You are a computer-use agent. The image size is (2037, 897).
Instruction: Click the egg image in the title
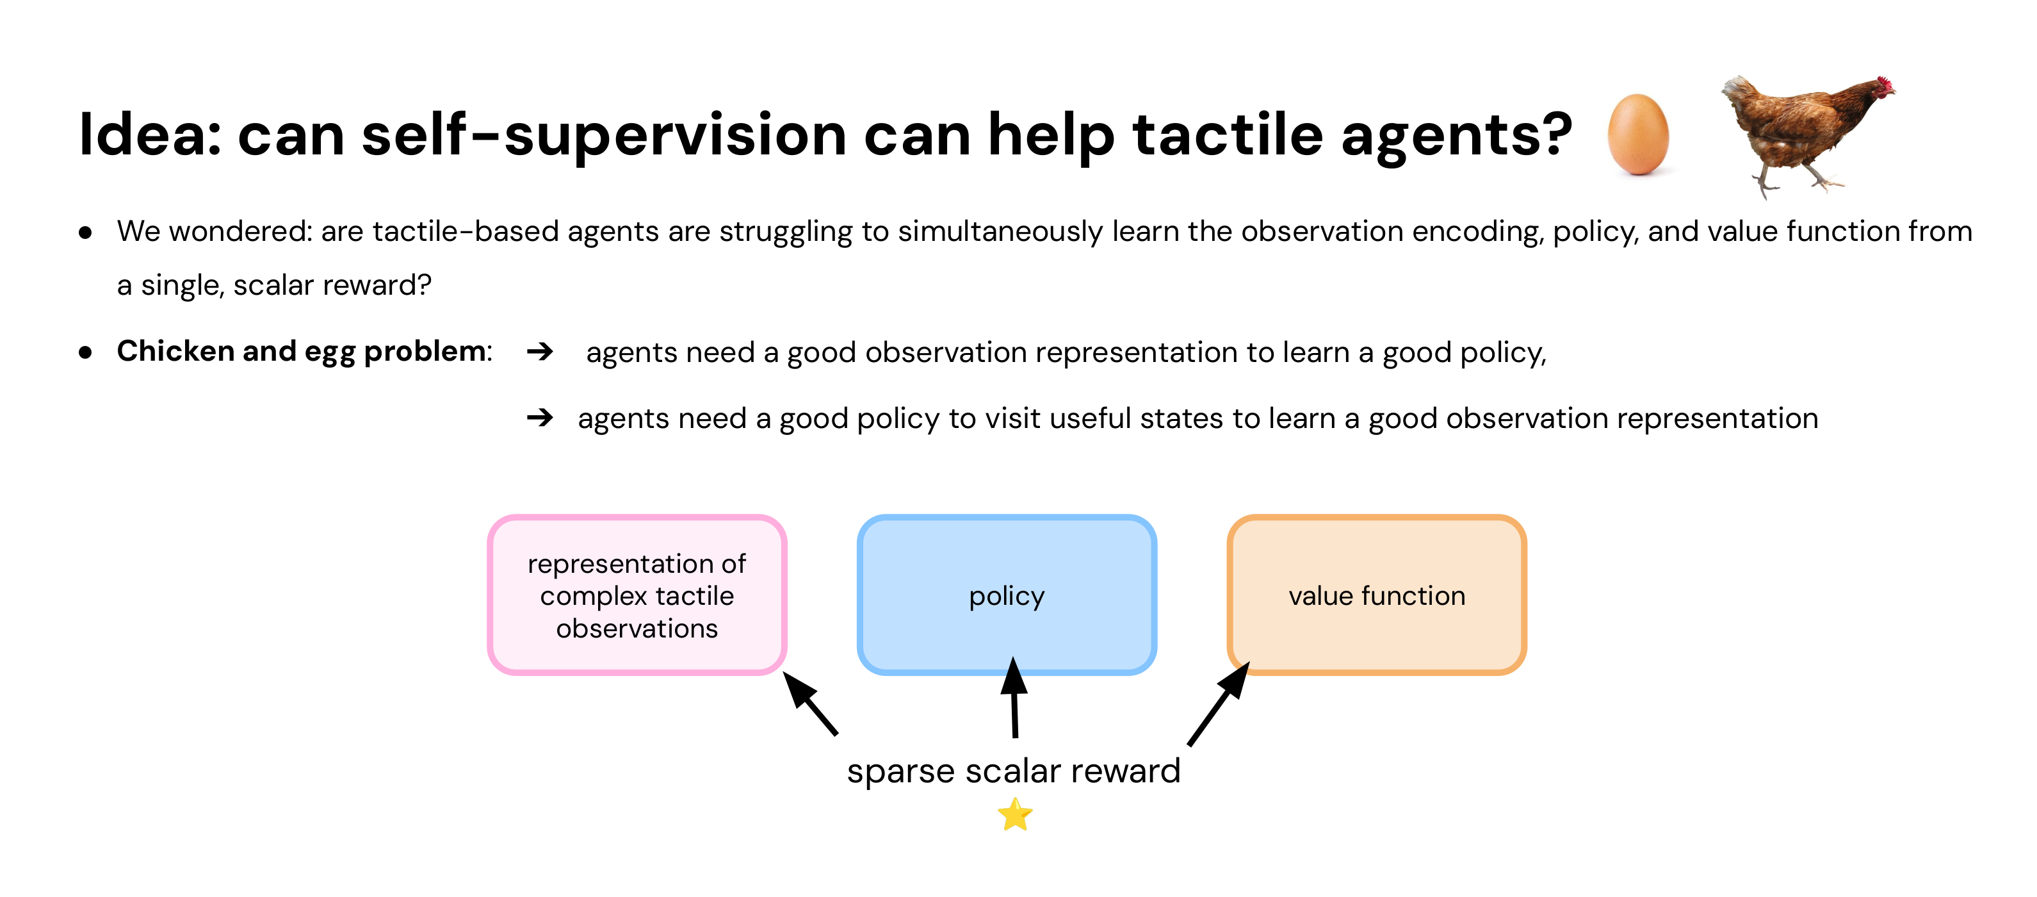[x=1639, y=135]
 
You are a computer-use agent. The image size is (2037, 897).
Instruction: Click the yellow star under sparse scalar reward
[x=1014, y=815]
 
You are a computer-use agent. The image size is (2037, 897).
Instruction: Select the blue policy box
[x=1007, y=595]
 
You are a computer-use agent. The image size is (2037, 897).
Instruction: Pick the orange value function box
[x=1377, y=595]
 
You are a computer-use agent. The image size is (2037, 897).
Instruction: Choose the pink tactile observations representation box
[x=637, y=595]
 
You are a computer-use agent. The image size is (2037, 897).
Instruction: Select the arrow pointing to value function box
[x=1219, y=704]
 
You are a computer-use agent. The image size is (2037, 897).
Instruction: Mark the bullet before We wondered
[x=85, y=233]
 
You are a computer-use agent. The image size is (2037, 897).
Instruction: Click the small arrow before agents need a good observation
[x=540, y=351]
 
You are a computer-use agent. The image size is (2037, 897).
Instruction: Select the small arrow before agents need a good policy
[x=540, y=417]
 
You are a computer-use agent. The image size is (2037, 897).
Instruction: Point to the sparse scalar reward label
[x=1013, y=770]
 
